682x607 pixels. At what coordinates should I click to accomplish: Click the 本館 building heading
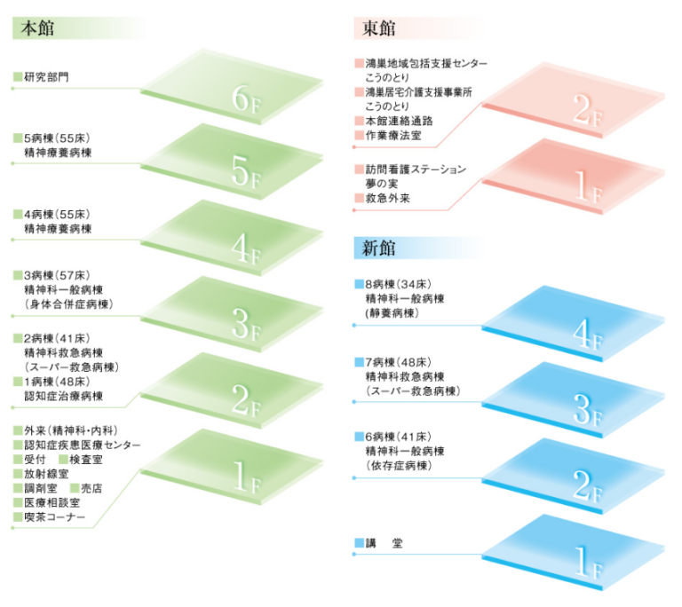pyautogui.click(x=36, y=28)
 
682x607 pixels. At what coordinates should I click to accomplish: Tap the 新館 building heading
pyautogui.click(x=379, y=248)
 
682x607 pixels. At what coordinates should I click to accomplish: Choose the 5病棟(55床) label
pyautogui.click(x=59, y=138)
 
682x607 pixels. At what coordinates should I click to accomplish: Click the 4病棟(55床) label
pyautogui.click(x=59, y=215)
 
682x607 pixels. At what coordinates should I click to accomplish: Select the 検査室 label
pyautogui.click(x=87, y=459)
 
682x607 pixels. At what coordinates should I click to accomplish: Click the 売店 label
pyautogui.click(x=91, y=488)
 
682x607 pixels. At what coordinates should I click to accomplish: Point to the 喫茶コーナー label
pyautogui.click(x=54, y=516)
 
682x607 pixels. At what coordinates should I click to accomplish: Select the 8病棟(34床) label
pyautogui.click(x=397, y=285)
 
